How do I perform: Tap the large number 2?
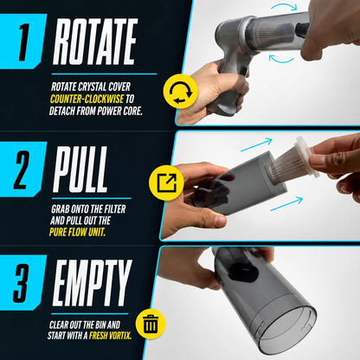pyautogui.click(x=23, y=170)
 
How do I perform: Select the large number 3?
pyautogui.click(x=22, y=284)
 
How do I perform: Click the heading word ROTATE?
pyautogui.click(x=95, y=42)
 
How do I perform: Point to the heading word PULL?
pyautogui.click(x=80, y=170)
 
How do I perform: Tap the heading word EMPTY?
pyautogui.click(x=92, y=283)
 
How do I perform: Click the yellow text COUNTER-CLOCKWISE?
pyautogui.click(x=87, y=99)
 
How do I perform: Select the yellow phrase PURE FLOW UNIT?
pyautogui.click(x=77, y=232)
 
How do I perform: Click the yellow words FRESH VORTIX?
pyautogui.click(x=110, y=336)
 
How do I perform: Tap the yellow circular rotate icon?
pyautogui.click(x=180, y=91)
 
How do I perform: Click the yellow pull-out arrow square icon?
pyautogui.click(x=166, y=183)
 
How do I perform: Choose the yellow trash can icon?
pyautogui.click(x=151, y=324)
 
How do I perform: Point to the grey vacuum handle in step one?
pyautogui.click(x=229, y=88)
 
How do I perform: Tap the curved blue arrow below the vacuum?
pyautogui.click(x=281, y=60)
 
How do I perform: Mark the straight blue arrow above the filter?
pyautogui.click(x=256, y=145)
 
